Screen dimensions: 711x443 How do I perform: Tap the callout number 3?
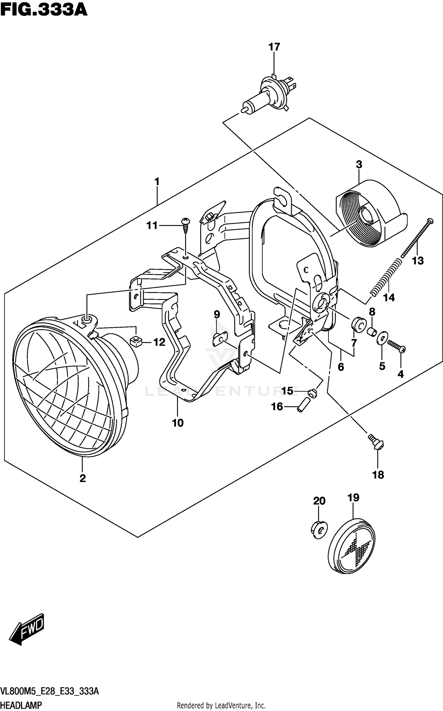point(359,164)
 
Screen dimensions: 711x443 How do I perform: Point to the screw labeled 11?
point(185,225)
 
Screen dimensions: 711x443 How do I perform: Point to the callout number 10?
point(178,423)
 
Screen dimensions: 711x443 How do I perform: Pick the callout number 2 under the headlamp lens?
point(82,478)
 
